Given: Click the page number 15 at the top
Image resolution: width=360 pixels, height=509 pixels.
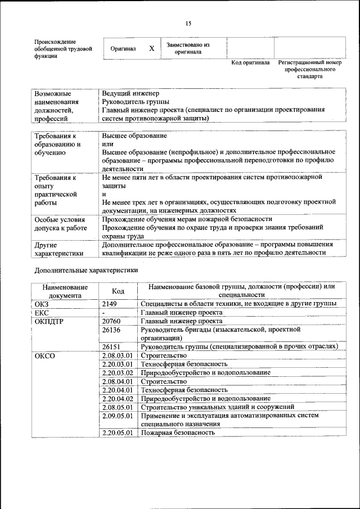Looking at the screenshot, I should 188,23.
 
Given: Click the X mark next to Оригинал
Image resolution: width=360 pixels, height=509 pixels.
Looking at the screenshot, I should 151,49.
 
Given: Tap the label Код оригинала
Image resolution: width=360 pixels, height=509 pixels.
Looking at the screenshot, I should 250,62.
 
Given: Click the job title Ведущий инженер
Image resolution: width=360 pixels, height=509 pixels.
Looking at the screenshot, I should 130,93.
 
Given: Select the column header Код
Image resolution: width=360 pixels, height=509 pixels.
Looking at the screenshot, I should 118,291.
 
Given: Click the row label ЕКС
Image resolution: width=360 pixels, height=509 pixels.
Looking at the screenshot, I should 42,313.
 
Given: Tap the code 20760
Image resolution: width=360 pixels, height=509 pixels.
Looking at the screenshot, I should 113,321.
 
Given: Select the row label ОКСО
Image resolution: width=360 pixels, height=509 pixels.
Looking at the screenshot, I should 45,356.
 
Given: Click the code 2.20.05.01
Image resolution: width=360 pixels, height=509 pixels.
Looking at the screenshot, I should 118,433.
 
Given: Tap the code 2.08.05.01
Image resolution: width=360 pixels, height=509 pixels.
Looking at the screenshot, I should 118,407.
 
